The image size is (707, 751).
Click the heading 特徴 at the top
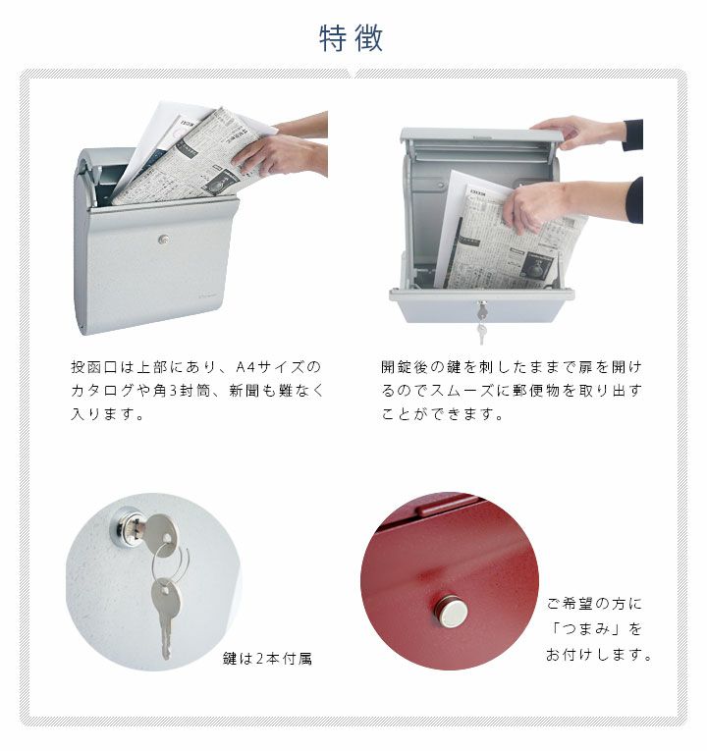tap(352, 38)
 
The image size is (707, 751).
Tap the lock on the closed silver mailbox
tap(164, 240)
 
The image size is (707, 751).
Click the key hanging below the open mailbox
tap(482, 332)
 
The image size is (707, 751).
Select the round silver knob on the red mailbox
tap(452, 613)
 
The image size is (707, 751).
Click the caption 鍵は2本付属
tap(267, 659)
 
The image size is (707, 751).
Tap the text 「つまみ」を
tap(596, 628)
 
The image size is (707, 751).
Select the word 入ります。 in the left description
tap(108, 414)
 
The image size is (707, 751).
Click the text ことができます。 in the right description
tap(443, 414)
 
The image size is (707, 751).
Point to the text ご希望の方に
tap(594, 604)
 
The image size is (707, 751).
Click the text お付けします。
tap(599, 654)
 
